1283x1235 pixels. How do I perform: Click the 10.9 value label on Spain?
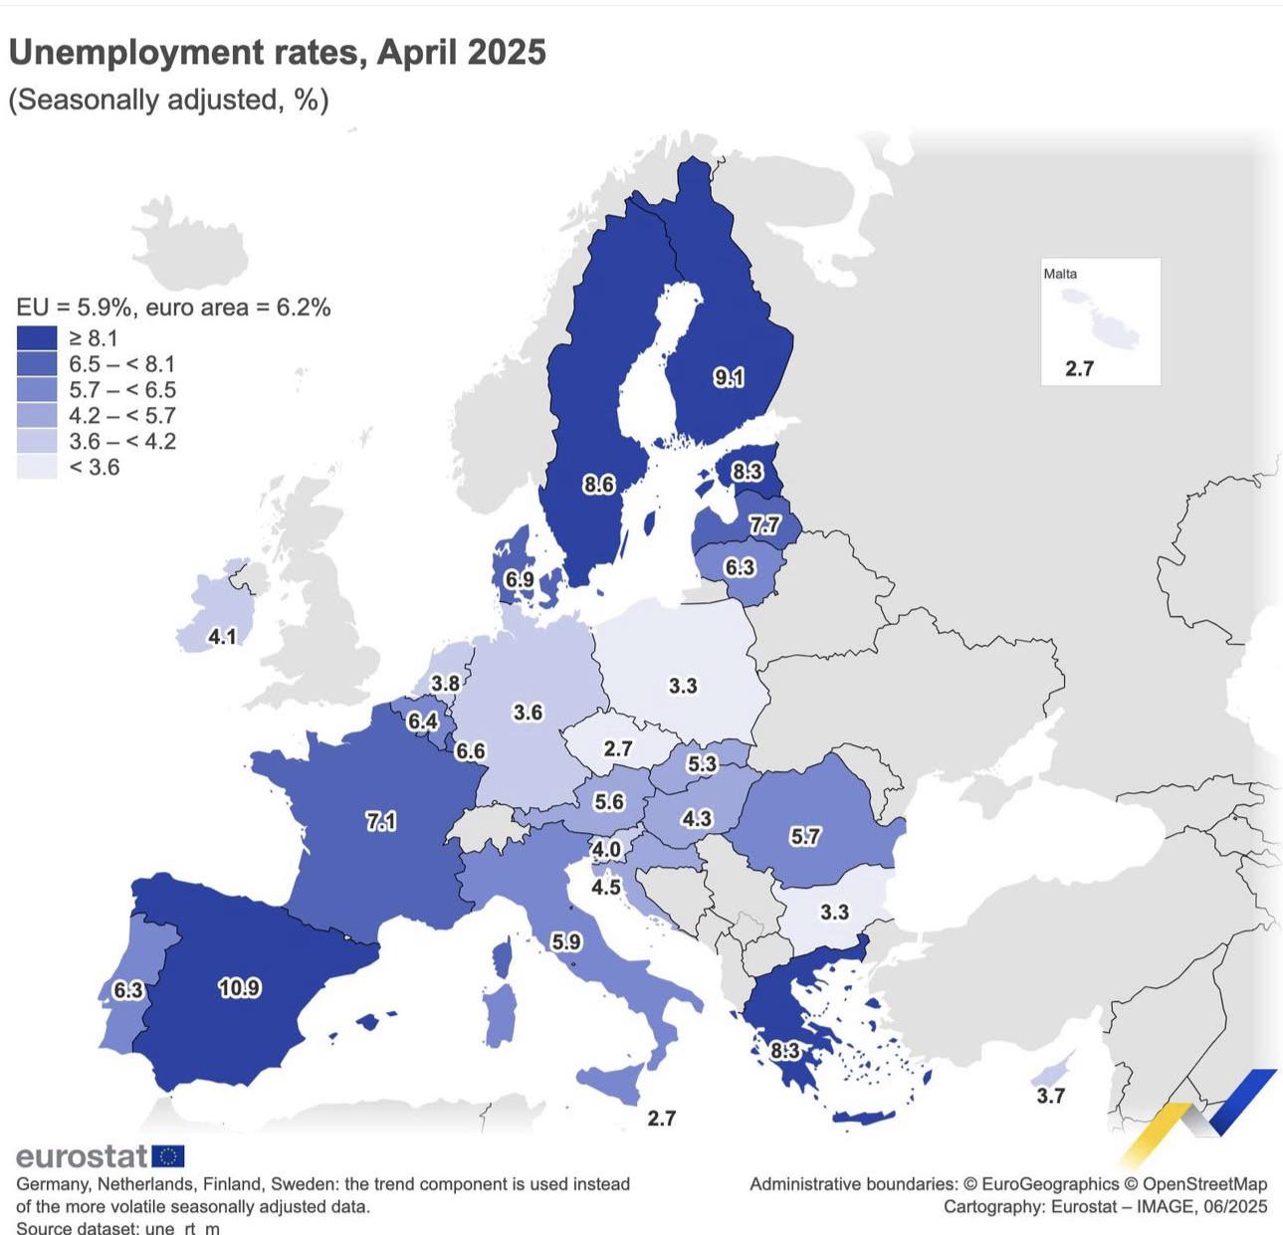(239, 988)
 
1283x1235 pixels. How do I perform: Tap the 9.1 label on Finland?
(729, 377)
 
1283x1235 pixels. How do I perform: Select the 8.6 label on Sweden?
(598, 485)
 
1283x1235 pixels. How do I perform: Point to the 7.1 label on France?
(381, 821)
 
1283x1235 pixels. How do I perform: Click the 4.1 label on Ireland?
(222, 636)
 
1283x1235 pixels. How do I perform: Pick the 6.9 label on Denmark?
(519, 579)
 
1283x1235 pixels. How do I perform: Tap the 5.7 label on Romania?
(804, 836)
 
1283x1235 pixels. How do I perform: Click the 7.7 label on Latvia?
(764, 524)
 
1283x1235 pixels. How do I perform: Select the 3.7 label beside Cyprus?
(1050, 1096)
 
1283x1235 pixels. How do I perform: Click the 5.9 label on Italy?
(566, 941)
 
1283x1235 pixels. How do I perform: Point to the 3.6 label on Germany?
(528, 713)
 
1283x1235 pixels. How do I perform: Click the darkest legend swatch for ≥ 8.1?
(37, 338)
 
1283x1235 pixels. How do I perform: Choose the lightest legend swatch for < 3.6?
(37, 467)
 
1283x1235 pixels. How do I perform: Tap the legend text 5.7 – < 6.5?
(122, 390)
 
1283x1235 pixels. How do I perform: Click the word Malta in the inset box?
(1060, 274)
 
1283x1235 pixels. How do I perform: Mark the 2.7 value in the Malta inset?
(1079, 368)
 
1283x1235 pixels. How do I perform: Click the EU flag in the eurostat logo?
(168, 1156)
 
